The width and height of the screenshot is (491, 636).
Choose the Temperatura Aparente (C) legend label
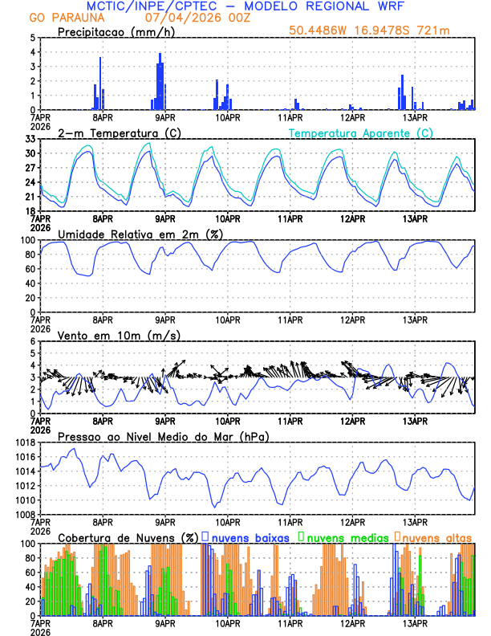[360, 132]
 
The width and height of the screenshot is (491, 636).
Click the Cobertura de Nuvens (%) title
[128, 536]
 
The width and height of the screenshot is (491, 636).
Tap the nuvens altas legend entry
[436, 536]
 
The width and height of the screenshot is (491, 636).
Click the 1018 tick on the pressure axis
[26, 442]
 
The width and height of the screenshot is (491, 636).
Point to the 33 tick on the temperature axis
[30, 139]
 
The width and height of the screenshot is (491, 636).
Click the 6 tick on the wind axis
[34, 341]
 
